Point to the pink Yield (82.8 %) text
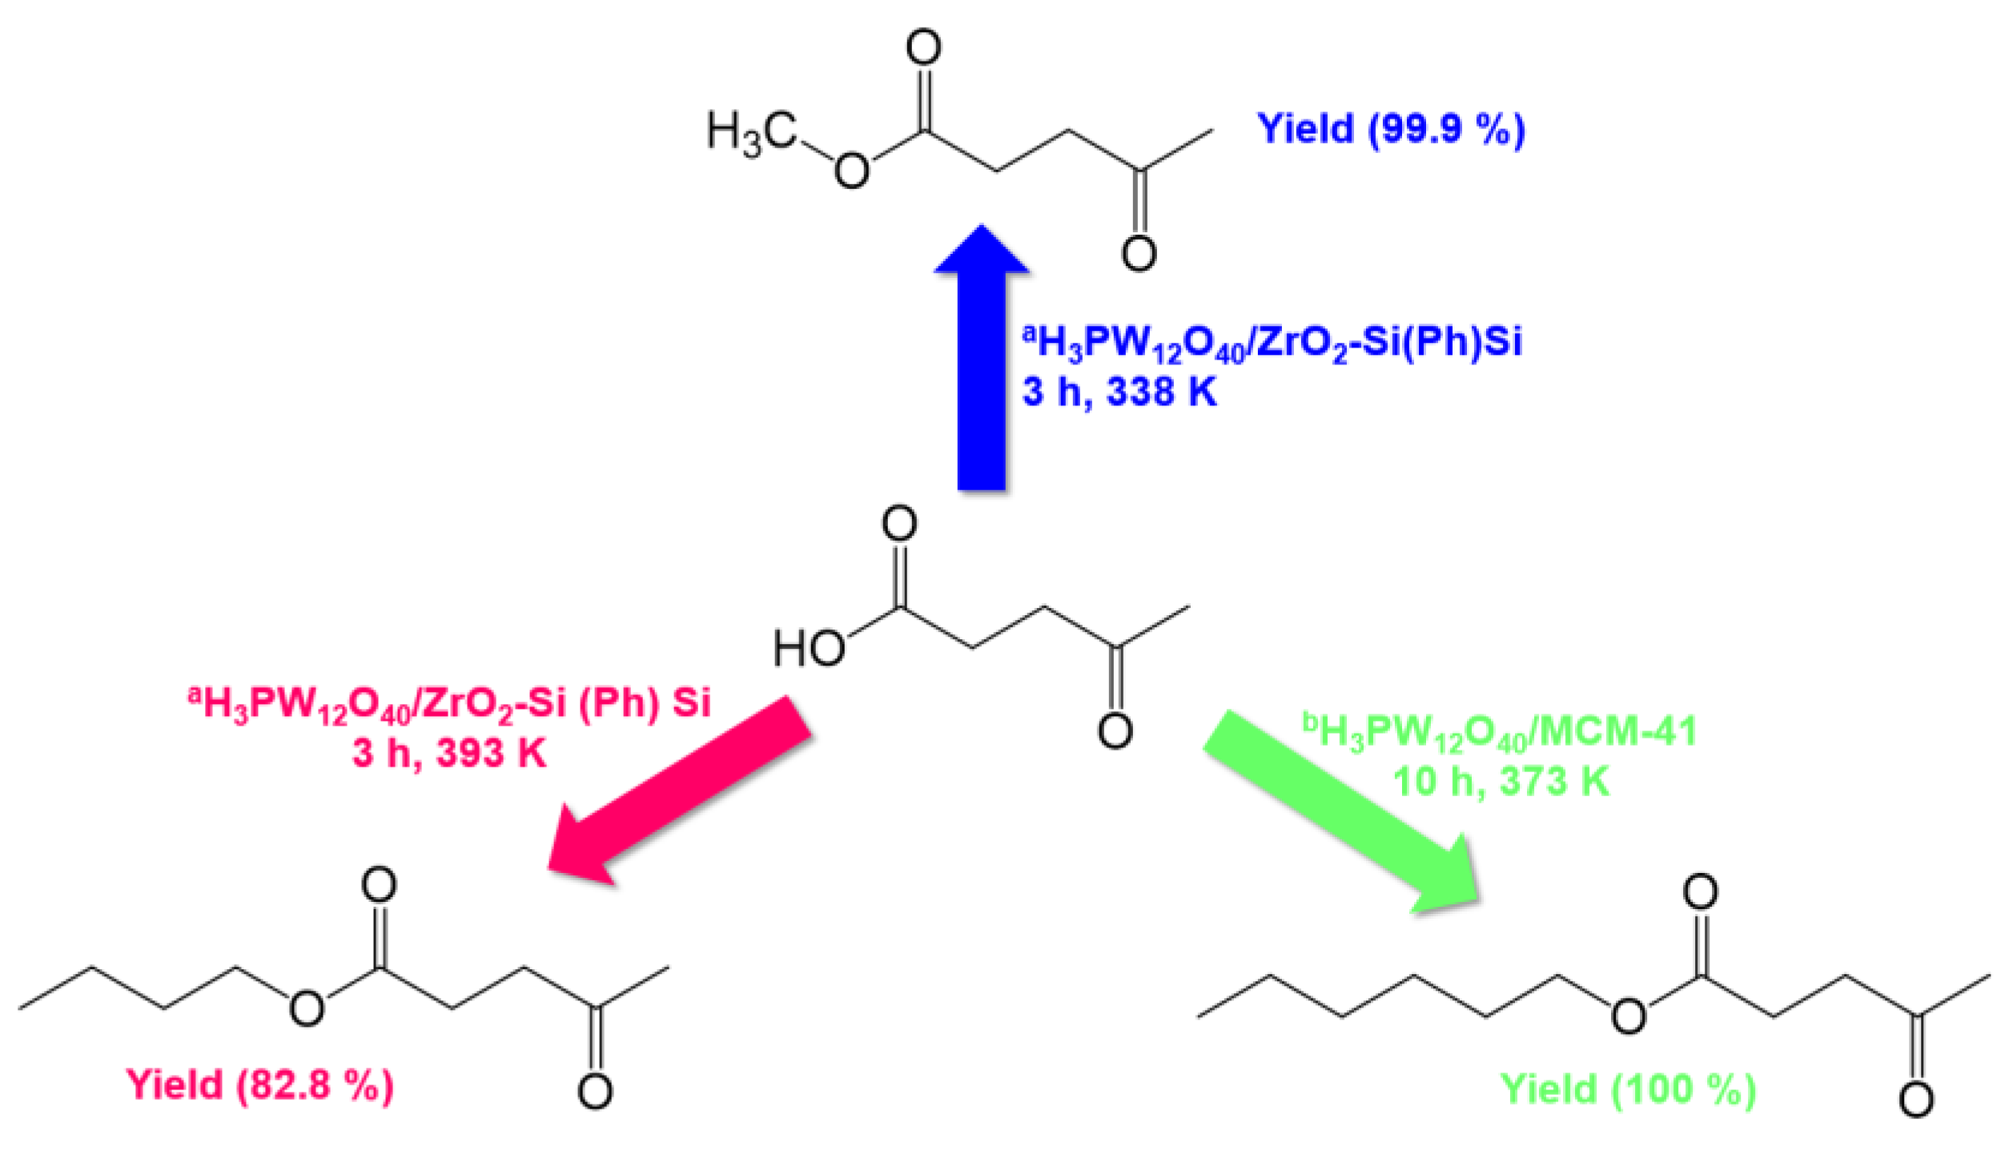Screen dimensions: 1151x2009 259,1085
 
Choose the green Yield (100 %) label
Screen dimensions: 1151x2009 1628,1090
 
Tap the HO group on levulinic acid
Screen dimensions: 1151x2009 809,648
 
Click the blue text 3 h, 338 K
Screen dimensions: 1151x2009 1119,392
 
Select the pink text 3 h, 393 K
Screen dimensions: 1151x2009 449,753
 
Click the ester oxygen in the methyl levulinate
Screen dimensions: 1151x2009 852,171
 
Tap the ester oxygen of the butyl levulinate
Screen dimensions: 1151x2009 307,1008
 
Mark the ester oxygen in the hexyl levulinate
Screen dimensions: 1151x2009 1629,1016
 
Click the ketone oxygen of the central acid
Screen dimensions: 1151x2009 1115,730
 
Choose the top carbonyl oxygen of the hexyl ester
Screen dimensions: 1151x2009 1700,891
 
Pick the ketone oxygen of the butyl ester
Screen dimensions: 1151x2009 595,1091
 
